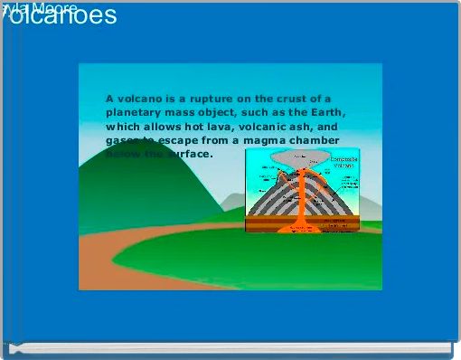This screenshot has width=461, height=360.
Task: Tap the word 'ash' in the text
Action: (300, 127)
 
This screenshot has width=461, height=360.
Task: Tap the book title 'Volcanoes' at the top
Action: (60, 16)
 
